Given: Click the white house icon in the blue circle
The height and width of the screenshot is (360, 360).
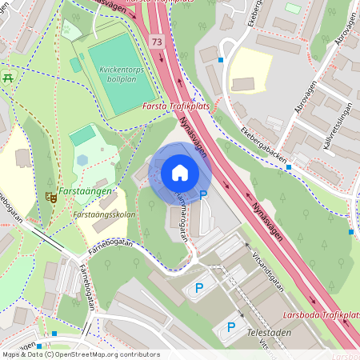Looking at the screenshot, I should coord(180,172).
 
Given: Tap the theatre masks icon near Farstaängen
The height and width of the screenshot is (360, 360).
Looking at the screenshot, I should coord(51,196).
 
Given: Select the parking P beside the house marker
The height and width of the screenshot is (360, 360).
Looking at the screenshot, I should coord(203,194).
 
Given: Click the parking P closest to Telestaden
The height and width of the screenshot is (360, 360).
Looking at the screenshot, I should coord(232,326).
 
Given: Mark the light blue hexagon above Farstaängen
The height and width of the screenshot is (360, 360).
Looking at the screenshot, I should coord(82,159).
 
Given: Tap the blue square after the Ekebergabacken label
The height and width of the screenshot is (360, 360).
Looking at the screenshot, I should coord(289,167).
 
